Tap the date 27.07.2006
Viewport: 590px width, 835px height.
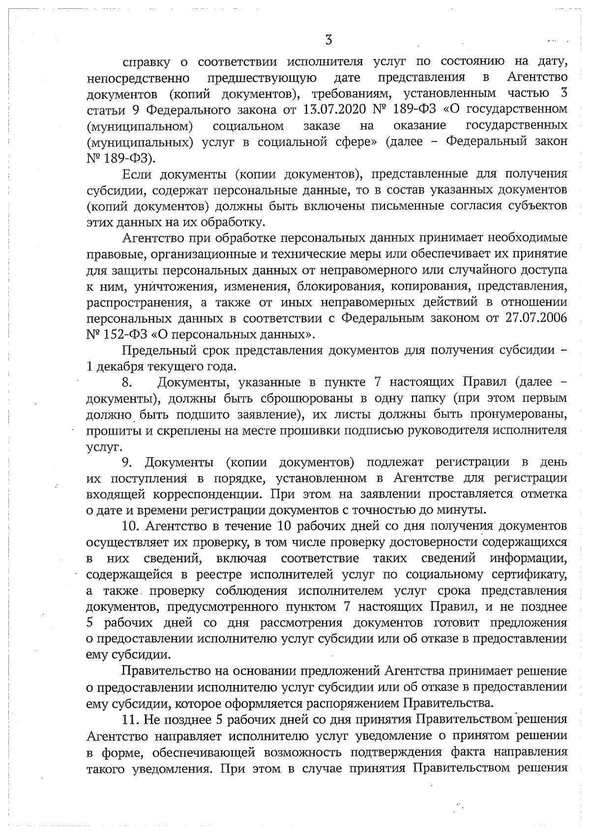[536, 318]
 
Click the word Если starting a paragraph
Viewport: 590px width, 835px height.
[136, 174]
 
